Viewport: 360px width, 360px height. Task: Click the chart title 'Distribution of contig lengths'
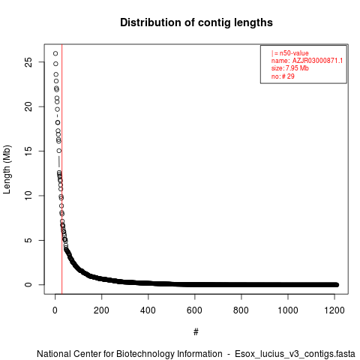196,22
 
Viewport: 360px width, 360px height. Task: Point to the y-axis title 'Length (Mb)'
7,169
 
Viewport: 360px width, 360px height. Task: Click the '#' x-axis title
196,332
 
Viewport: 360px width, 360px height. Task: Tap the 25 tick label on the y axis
28,62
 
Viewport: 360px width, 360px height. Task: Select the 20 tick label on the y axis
28,106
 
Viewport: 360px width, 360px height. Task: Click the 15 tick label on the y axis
28,151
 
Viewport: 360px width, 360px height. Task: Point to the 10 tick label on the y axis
28,196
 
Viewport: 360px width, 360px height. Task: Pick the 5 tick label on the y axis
28,240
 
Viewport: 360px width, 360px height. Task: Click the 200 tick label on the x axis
101,310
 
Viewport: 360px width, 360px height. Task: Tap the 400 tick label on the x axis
148,310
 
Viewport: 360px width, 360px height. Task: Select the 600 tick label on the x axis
194,310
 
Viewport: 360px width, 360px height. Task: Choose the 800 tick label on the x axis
241,310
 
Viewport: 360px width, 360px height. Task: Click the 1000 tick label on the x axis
288,310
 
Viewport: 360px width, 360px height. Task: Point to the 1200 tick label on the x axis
334,310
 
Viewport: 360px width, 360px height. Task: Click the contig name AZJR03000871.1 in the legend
317,61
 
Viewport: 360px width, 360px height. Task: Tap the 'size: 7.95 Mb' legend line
290,68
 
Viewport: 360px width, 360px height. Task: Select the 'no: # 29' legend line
283,76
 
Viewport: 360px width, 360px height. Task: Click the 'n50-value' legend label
294,53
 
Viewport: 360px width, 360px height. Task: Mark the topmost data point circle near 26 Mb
55,53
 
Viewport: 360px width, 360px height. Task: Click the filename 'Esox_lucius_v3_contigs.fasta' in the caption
295,354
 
